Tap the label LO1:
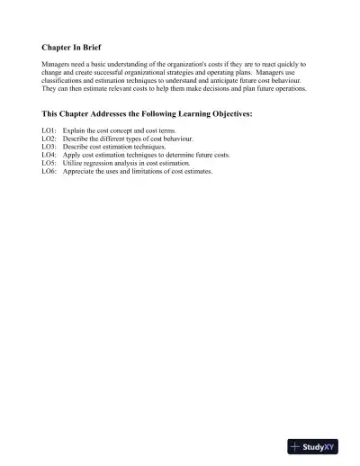coord(49,131)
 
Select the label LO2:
coord(49,139)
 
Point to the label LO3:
coord(49,148)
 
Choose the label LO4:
coord(49,156)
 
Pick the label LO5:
coord(49,164)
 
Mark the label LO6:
coord(49,172)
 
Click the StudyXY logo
coord(312,445)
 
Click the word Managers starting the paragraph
coord(56,65)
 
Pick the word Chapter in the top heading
coord(57,46)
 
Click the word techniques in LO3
coord(145,148)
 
